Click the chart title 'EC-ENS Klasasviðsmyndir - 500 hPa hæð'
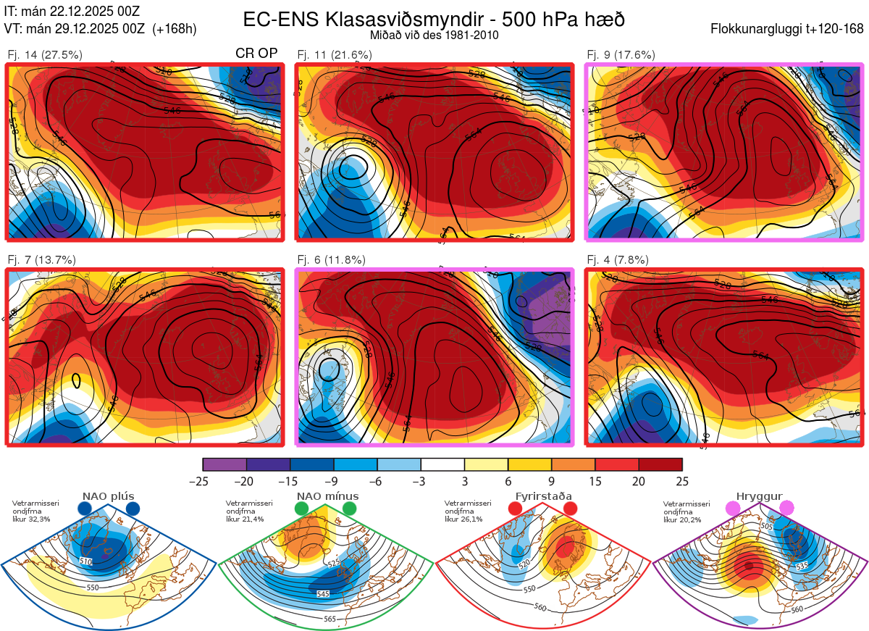tap(434, 20)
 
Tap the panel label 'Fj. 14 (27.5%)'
tap(45, 54)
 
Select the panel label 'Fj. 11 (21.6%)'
tap(335, 54)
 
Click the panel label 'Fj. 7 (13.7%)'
tap(41, 260)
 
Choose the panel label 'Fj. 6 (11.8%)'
tap(331, 260)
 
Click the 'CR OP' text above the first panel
tap(256, 54)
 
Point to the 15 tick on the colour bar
tap(595, 481)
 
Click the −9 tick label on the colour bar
tap(333, 481)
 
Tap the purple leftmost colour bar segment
tap(224, 464)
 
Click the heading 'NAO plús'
tap(109, 496)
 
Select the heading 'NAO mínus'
tap(327, 496)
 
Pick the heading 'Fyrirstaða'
tap(543, 496)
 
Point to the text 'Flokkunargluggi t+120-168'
tap(788, 30)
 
